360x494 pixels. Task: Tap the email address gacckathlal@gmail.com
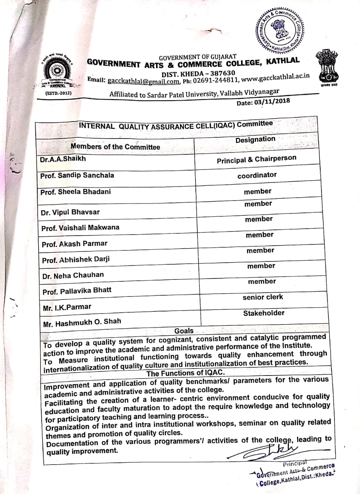[144, 81]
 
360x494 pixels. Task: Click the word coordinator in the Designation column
[257, 175]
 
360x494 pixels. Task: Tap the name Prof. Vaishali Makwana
[80, 228]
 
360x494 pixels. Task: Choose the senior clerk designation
[263, 297]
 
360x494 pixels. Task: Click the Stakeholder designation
[263, 313]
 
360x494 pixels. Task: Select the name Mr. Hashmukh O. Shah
[82, 322]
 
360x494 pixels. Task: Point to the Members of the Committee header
[115, 147]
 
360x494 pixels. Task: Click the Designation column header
[255, 139]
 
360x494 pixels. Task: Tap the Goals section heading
[184, 331]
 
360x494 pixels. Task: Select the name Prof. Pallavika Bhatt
[77, 291]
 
